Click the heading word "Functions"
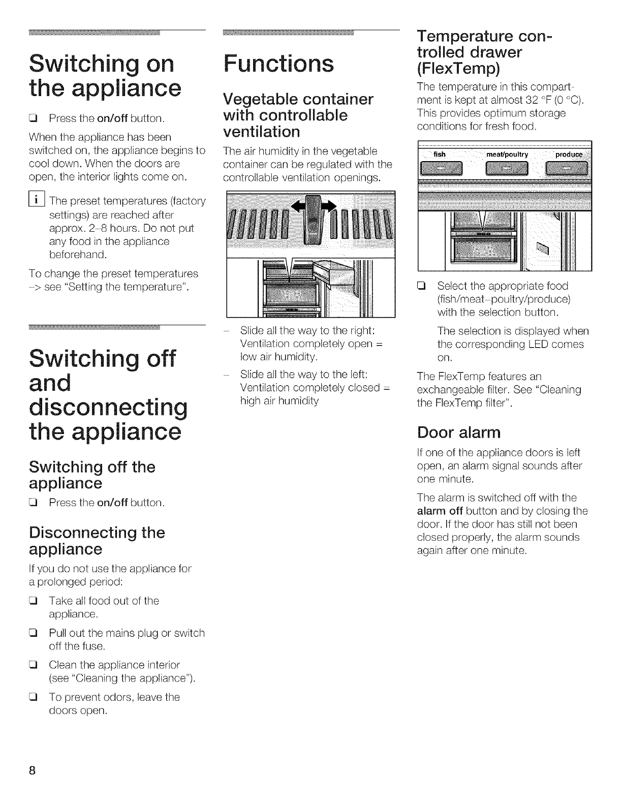tap(278, 64)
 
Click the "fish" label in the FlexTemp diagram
tap(440, 154)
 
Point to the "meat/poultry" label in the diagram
tap(507, 154)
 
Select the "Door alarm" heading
tap(458, 432)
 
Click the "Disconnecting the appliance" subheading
tap(97, 541)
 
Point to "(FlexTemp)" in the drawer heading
tap(458, 68)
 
